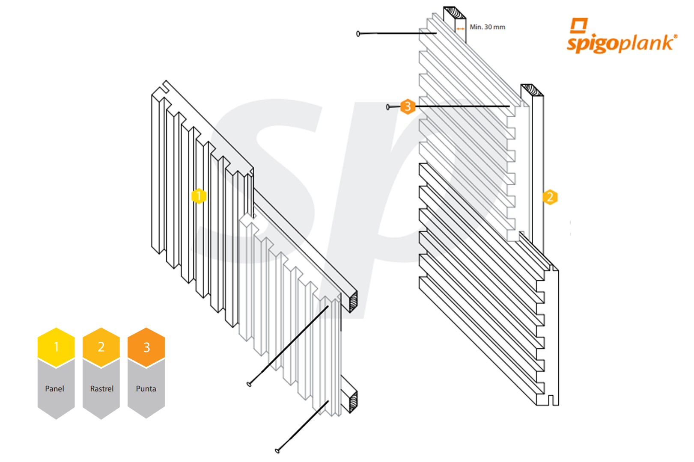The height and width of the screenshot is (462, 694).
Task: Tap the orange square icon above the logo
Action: [x=579, y=25]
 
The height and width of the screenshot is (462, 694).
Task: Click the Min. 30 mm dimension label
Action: [x=487, y=27]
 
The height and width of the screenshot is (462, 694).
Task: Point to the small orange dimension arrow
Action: [x=460, y=29]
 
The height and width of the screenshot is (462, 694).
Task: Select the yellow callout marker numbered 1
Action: [x=199, y=196]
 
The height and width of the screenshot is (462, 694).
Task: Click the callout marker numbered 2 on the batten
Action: [x=550, y=197]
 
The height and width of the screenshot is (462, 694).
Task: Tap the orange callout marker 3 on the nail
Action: [x=408, y=106]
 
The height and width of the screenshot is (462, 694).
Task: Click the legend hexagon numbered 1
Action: [x=56, y=347]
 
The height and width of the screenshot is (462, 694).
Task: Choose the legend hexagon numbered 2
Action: [x=101, y=347]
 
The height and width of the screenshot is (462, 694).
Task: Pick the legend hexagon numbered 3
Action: [x=146, y=347]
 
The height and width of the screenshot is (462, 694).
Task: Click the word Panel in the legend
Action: [x=54, y=389]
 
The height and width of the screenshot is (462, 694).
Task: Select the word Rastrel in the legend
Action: [x=102, y=389]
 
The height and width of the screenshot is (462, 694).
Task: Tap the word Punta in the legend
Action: [x=146, y=389]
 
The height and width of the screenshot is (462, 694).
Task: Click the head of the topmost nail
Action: [x=358, y=34]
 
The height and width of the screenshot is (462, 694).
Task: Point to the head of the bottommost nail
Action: [x=277, y=450]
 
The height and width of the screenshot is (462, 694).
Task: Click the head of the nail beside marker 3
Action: [x=388, y=107]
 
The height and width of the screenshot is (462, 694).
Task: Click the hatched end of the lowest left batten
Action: [x=353, y=402]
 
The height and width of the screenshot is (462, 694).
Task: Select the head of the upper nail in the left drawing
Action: [x=249, y=384]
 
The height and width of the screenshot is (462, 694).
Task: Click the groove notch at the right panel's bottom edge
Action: [x=551, y=400]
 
